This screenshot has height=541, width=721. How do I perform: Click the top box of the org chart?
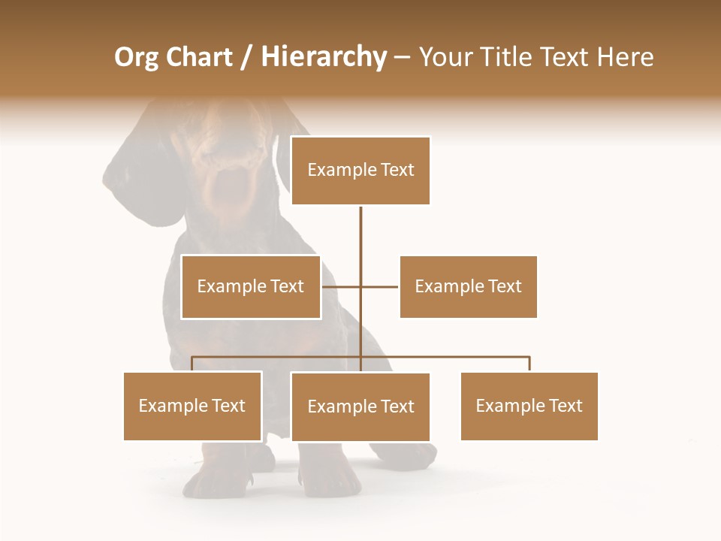point(360,171)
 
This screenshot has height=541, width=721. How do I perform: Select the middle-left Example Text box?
point(250,286)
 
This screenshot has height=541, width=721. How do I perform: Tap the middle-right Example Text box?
point(468,286)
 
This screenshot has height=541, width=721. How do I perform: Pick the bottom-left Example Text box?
point(192,406)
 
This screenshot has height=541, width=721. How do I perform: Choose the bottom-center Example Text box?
point(360,407)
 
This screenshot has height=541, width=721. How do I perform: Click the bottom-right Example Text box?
point(529,406)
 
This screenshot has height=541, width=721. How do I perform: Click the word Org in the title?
point(135,57)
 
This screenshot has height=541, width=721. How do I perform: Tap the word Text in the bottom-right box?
point(565,406)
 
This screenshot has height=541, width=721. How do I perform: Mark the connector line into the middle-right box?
point(381,286)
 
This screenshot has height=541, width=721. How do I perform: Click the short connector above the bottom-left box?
point(192,364)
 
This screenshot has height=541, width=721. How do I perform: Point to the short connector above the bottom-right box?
point(529,364)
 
